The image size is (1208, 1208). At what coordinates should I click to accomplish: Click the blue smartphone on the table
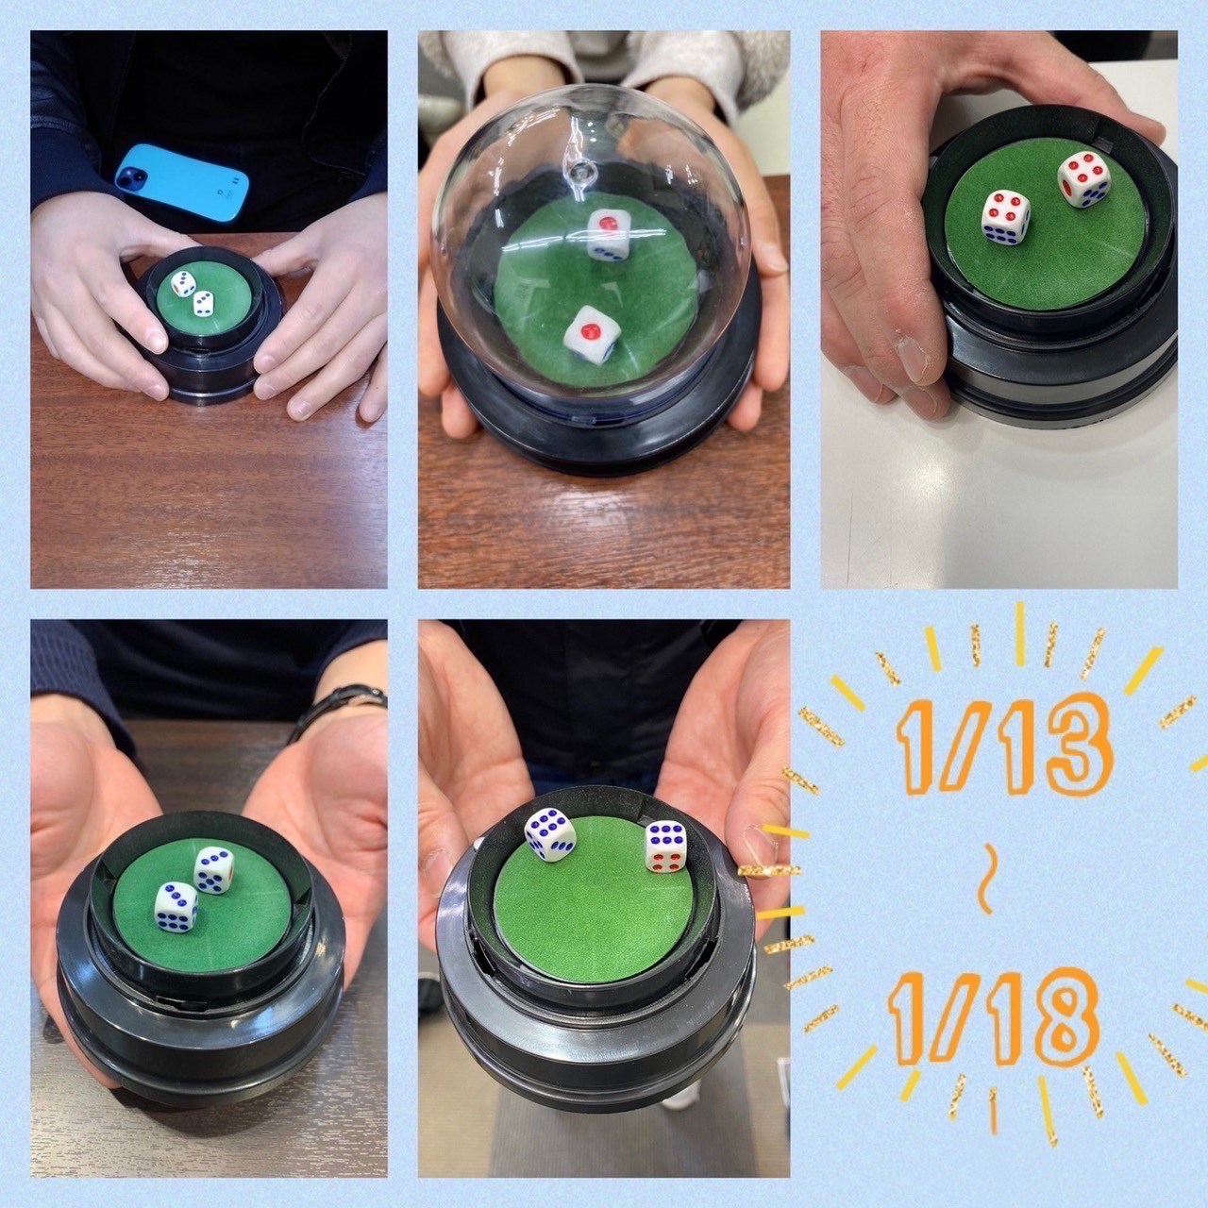pos(182,182)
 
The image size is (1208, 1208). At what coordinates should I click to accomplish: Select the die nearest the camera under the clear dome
pos(592,335)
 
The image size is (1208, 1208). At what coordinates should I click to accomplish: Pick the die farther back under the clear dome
pos(607,234)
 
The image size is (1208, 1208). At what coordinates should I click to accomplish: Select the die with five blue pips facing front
pos(214,870)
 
